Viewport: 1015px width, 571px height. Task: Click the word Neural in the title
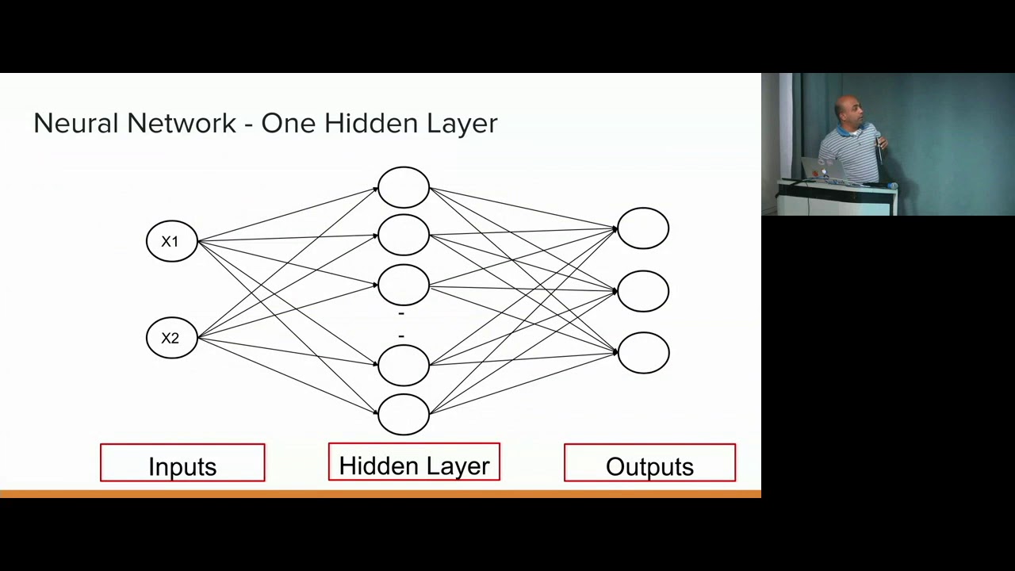tap(76, 123)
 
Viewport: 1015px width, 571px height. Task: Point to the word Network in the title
tap(182, 123)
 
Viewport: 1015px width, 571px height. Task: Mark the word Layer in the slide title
tap(462, 124)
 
